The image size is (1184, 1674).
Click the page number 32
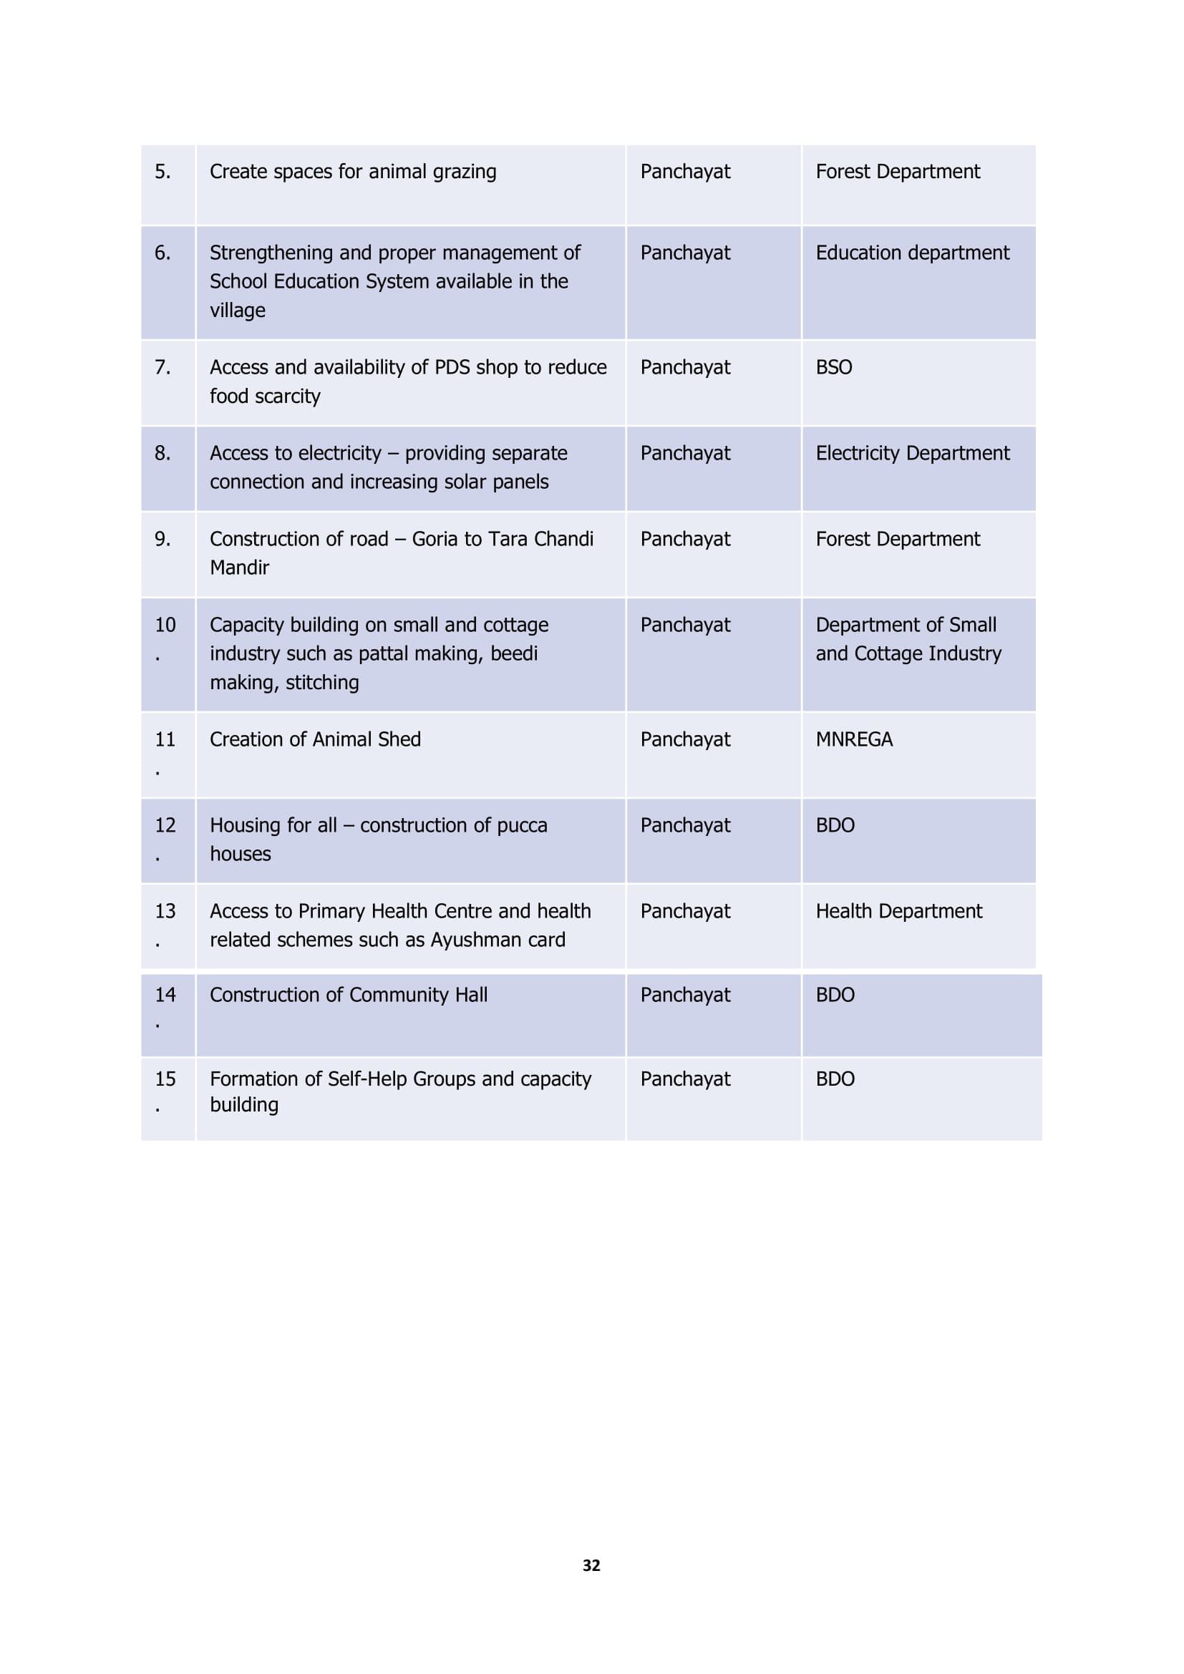591,1564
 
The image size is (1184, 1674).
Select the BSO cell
833,366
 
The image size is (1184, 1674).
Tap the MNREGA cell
854,739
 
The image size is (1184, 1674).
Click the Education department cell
912,252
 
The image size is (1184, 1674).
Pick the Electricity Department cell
912,453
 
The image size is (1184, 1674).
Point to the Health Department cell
898,910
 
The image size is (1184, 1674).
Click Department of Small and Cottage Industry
908,638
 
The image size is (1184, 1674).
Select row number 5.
162,171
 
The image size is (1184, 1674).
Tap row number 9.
162,539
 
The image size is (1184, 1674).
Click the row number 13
165,910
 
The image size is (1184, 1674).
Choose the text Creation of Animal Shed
315,739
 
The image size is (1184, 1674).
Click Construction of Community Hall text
349,995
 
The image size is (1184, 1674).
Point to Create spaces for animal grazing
353,171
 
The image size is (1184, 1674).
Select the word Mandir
239,568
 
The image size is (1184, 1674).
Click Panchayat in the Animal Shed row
684,739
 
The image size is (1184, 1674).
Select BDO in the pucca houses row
835,824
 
